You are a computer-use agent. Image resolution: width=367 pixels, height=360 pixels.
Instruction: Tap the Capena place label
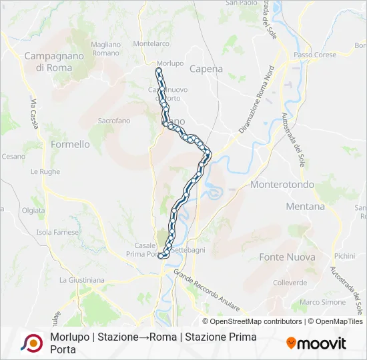click(x=206, y=69)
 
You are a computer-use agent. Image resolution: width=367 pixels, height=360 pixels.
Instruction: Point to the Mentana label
click(x=305, y=207)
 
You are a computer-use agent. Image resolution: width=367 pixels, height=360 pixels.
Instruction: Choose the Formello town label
click(x=70, y=144)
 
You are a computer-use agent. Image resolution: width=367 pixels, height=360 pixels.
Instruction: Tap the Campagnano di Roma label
click(x=54, y=62)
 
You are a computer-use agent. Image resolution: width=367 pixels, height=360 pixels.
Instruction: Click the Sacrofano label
click(x=114, y=121)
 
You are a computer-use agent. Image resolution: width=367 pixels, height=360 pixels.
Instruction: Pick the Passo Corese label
click(x=315, y=55)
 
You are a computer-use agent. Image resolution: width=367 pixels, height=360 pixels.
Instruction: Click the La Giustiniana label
click(x=81, y=281)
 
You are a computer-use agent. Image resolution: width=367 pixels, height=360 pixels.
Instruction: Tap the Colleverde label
click(x=290, y=283)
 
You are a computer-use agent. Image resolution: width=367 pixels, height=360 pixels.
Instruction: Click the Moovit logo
click(x=316, y=343)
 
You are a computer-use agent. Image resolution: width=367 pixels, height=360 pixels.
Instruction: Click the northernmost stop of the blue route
click(x=158, y=70)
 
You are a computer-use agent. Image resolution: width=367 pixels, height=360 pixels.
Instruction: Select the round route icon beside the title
click(x=31, y=343)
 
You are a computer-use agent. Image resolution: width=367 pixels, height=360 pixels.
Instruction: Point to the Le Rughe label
click(x=45, y=171)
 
